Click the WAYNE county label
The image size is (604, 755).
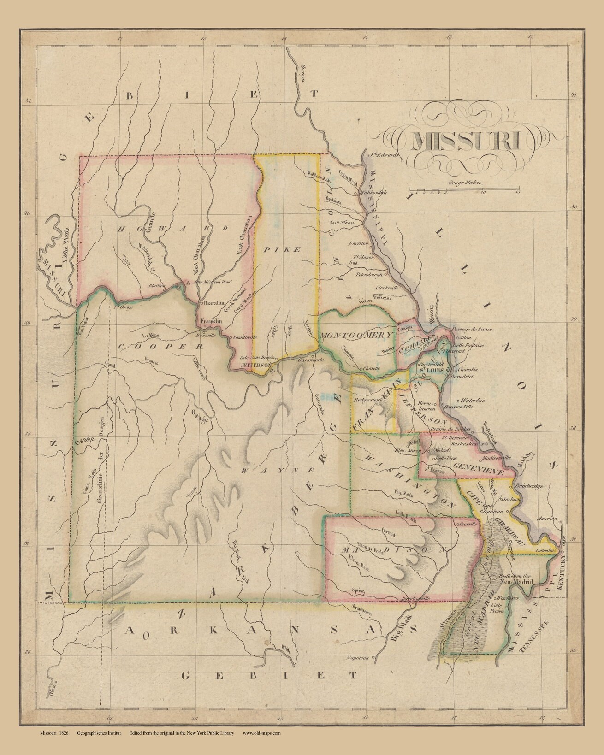[278, 471]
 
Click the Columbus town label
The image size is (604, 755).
[547, 551]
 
